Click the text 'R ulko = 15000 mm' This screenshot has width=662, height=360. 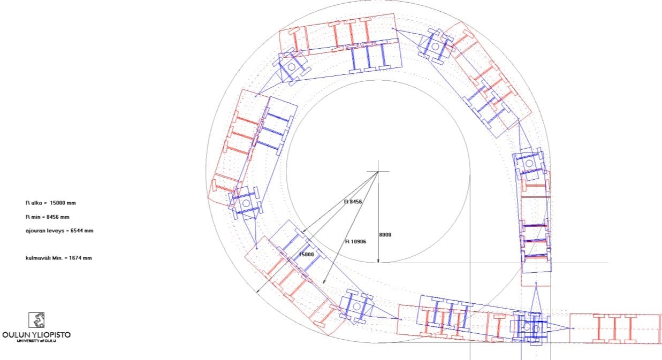[50, 203]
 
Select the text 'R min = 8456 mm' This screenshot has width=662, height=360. [47, 217]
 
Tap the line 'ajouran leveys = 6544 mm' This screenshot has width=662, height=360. [59, 231]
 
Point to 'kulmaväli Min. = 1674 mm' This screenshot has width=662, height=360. [58, 258]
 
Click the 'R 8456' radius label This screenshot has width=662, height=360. [353, 202]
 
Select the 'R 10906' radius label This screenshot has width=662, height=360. [355, 242]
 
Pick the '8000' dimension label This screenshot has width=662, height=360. [385, 235]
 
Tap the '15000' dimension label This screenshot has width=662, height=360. [307, 255]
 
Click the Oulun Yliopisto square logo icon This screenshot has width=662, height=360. [36, 320]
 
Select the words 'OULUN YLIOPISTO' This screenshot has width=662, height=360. [36, 335]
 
